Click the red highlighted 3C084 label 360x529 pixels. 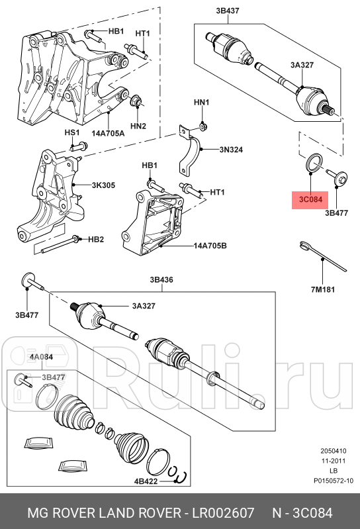click(310, 199)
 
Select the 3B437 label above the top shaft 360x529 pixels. click(228, 11)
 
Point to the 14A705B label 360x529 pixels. click(210, 245)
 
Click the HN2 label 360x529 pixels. click(138, 126)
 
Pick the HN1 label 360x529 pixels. click(201, 103)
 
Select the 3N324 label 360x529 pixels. click(232, 150)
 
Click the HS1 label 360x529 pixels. click(71, 132)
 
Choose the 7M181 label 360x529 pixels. click(323, 289)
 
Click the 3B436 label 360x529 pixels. click(161, 280)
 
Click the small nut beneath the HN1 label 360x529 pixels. click(202, 125)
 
